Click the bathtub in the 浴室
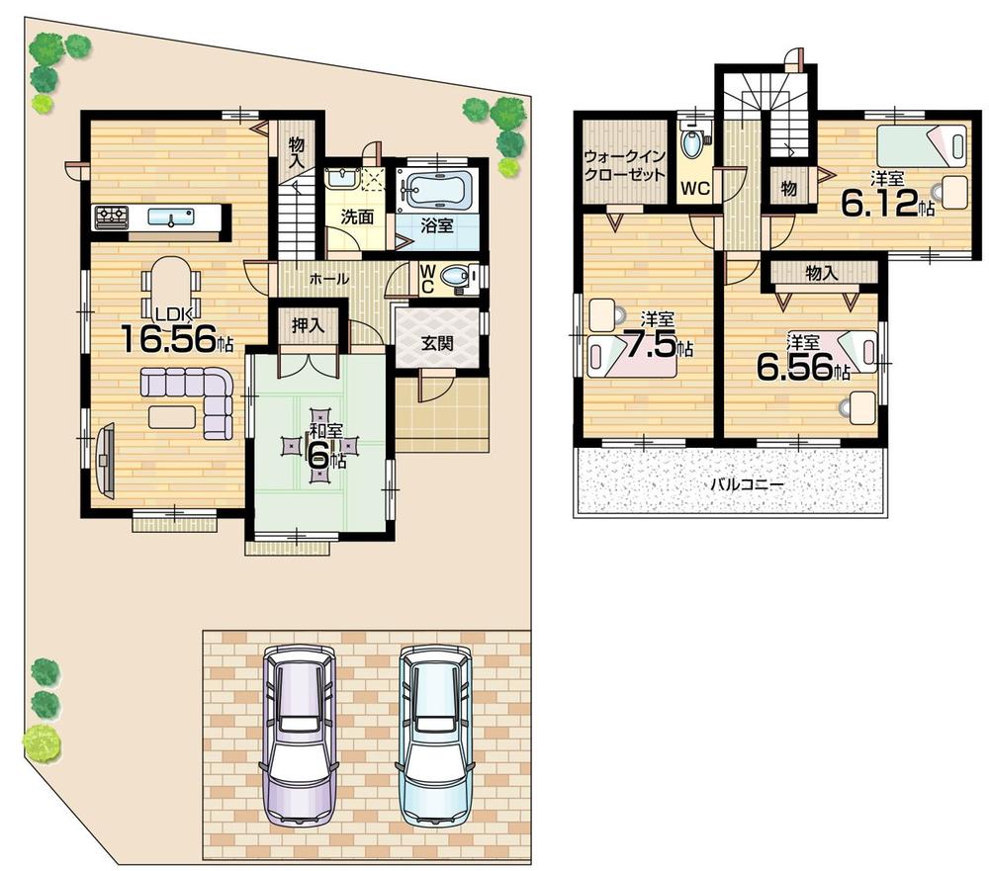(436, 188)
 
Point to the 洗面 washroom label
(358, 217)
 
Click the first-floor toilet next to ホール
(456, 279)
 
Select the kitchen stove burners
(111, 216)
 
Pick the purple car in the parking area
(298, 732)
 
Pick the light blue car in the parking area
(434, 732)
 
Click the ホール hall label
(329, 280)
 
